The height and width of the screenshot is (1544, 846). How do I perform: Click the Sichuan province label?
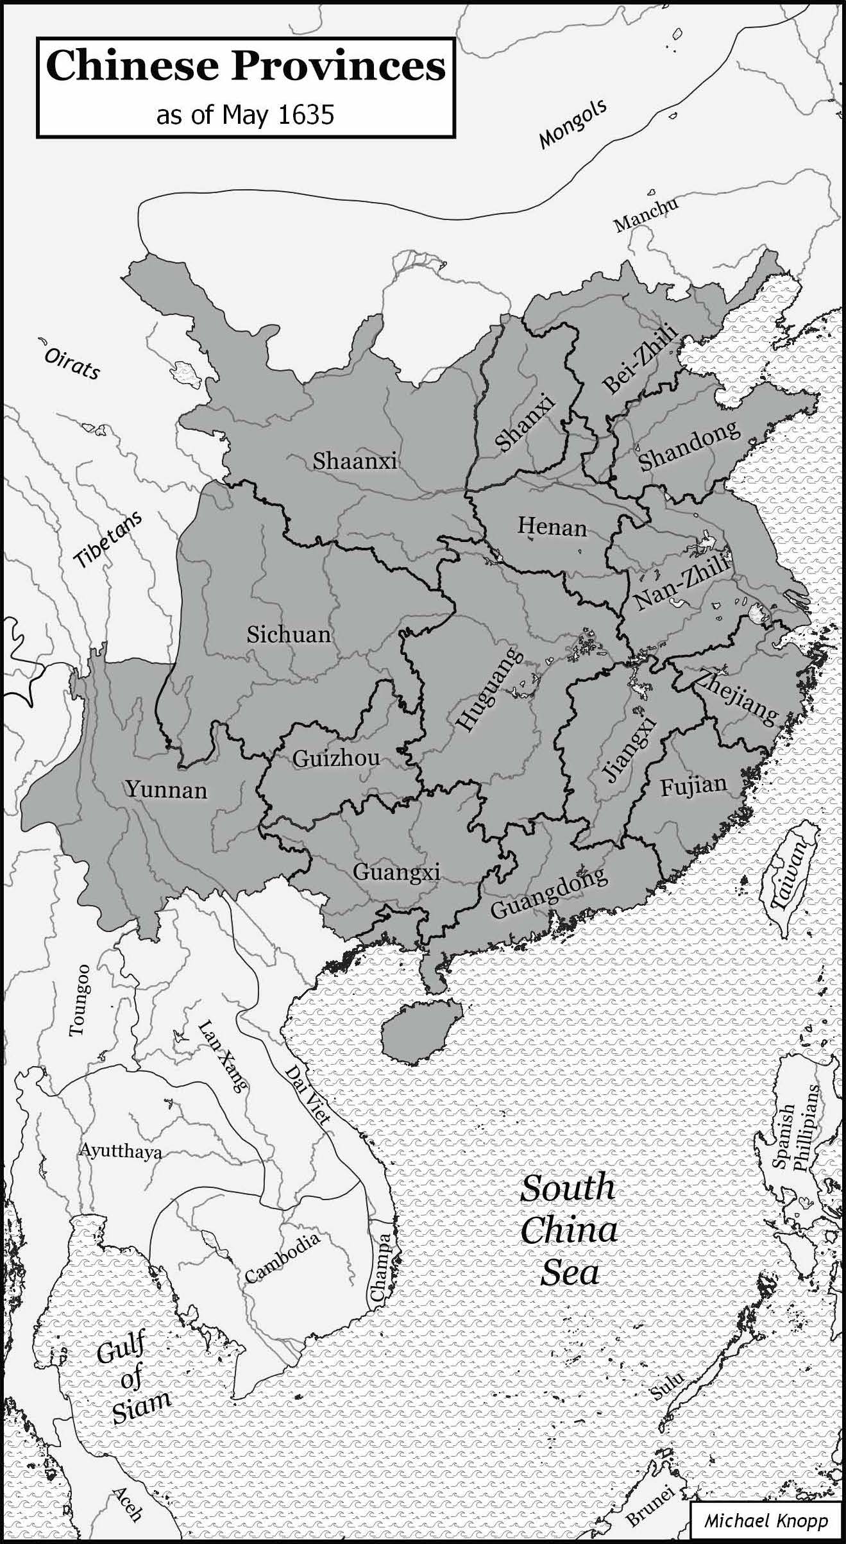pos(289,634)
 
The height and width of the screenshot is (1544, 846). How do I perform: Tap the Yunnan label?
pos(166,789)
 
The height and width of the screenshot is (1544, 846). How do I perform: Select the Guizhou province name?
pos(336,758)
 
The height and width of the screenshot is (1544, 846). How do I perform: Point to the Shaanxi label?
pos(355,461)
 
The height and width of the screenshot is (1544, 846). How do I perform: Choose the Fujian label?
pos(694,786)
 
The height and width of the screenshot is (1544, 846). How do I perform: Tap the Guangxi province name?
pos(396,872)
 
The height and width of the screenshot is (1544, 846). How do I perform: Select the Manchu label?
pos(645,215)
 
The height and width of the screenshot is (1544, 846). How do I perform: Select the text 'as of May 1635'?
pos(245,115)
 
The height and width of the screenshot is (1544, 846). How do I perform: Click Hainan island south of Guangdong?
pos(420,1031)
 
